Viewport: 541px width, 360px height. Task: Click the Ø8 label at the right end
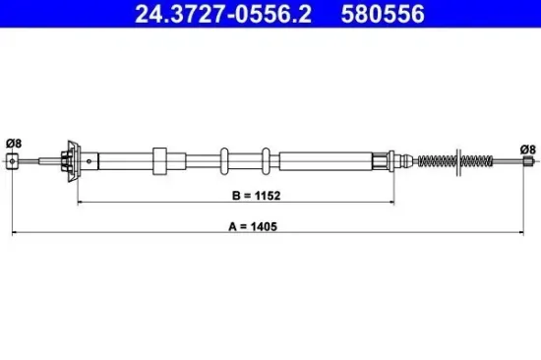click(x=528, y=149)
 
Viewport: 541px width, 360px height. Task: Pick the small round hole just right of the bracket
click(x=90, y=159)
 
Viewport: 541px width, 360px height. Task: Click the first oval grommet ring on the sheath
click(x=224, y=159)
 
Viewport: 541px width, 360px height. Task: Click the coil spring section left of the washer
click(x=437, y=159)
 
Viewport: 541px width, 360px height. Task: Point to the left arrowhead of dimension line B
click(x=81, y=203)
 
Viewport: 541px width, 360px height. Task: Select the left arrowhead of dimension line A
click(x=14, y=233)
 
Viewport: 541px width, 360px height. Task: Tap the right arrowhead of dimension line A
click(x=529, y=233)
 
